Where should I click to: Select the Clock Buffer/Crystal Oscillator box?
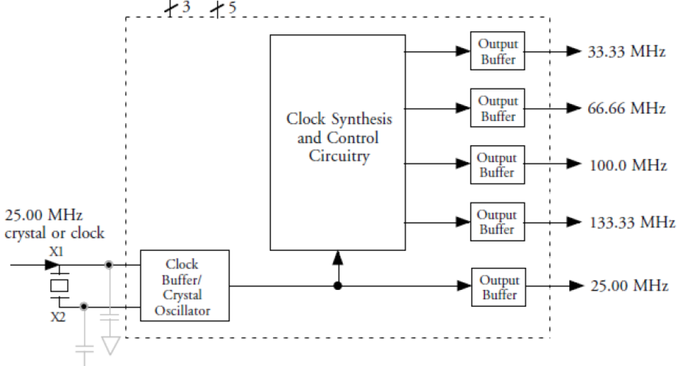(x=185, y=286)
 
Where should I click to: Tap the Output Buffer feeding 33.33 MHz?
(x=497, y=52)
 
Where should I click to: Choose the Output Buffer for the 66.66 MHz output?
(x=497, y=108)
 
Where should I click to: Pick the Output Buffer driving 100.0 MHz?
(x=497, y=165)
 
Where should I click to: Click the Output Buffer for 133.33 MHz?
(x=497, y=222)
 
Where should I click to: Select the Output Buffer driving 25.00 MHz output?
(x=498, y=287)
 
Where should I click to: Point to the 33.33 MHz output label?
(x=626, y=52)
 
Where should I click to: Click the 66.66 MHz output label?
(x=626, y=109)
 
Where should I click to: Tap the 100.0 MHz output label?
(x=627, y=165)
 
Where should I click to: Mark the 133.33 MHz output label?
(x=631, y=223)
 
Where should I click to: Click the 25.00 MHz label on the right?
(x=629, y=286)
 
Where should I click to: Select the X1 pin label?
(x=56, y=253)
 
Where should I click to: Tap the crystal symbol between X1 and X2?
(x=59, y=285)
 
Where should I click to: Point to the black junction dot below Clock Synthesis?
(x=337, y=286)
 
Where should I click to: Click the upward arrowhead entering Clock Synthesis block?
(x=337, y=258)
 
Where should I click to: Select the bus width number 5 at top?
(x=232, y=8)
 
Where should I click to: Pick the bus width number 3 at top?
(x=186, y=8)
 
